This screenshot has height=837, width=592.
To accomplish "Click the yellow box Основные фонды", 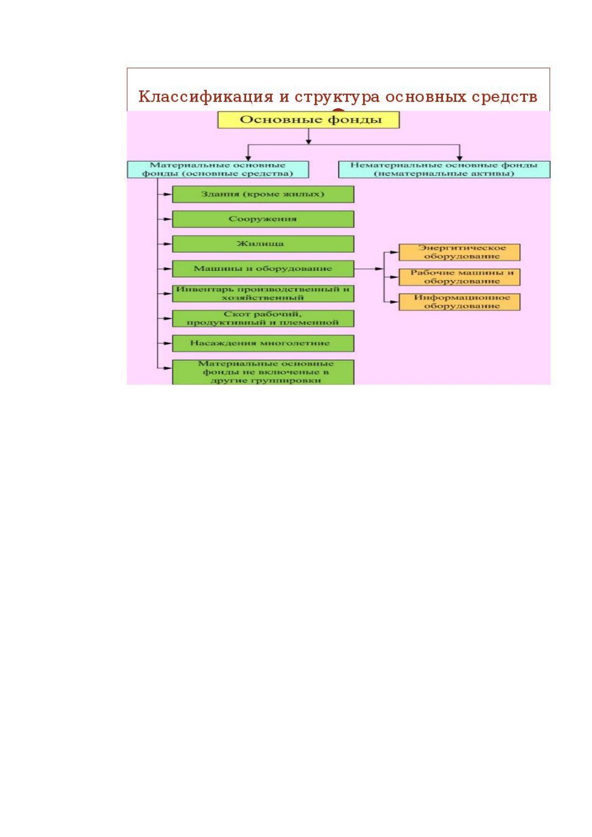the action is (x=308, y=120).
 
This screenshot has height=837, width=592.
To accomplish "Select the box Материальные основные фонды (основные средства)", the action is (x=218, y=169).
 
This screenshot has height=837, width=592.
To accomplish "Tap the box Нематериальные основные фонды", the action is (x=444, y=169).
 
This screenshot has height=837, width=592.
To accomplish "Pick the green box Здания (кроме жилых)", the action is (x=263, y=194).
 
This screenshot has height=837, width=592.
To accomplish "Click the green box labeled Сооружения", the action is (x=263, y=219).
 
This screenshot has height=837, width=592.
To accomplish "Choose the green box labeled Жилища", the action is (x=263, y=244).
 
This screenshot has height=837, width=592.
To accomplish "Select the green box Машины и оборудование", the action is (x=263, y=269).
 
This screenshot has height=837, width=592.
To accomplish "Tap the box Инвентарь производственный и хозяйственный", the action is (x=263, y=294).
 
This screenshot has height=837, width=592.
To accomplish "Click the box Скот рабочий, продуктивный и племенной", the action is (x=263, y=319).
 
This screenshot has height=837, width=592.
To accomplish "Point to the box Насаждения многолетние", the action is (x=263, y=343).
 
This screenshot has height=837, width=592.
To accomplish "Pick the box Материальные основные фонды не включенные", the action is (x=263, y=372).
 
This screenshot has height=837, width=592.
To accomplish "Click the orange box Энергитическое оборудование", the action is (x=459, y=252).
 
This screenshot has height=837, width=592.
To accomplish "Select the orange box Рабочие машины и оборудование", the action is (x=459, y=277).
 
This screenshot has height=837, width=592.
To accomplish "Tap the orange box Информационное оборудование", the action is (x=459, y=302).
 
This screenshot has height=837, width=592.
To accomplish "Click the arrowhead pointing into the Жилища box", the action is (x=168, y=244).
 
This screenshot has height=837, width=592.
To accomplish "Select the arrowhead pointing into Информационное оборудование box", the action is (x=394, y=302).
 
